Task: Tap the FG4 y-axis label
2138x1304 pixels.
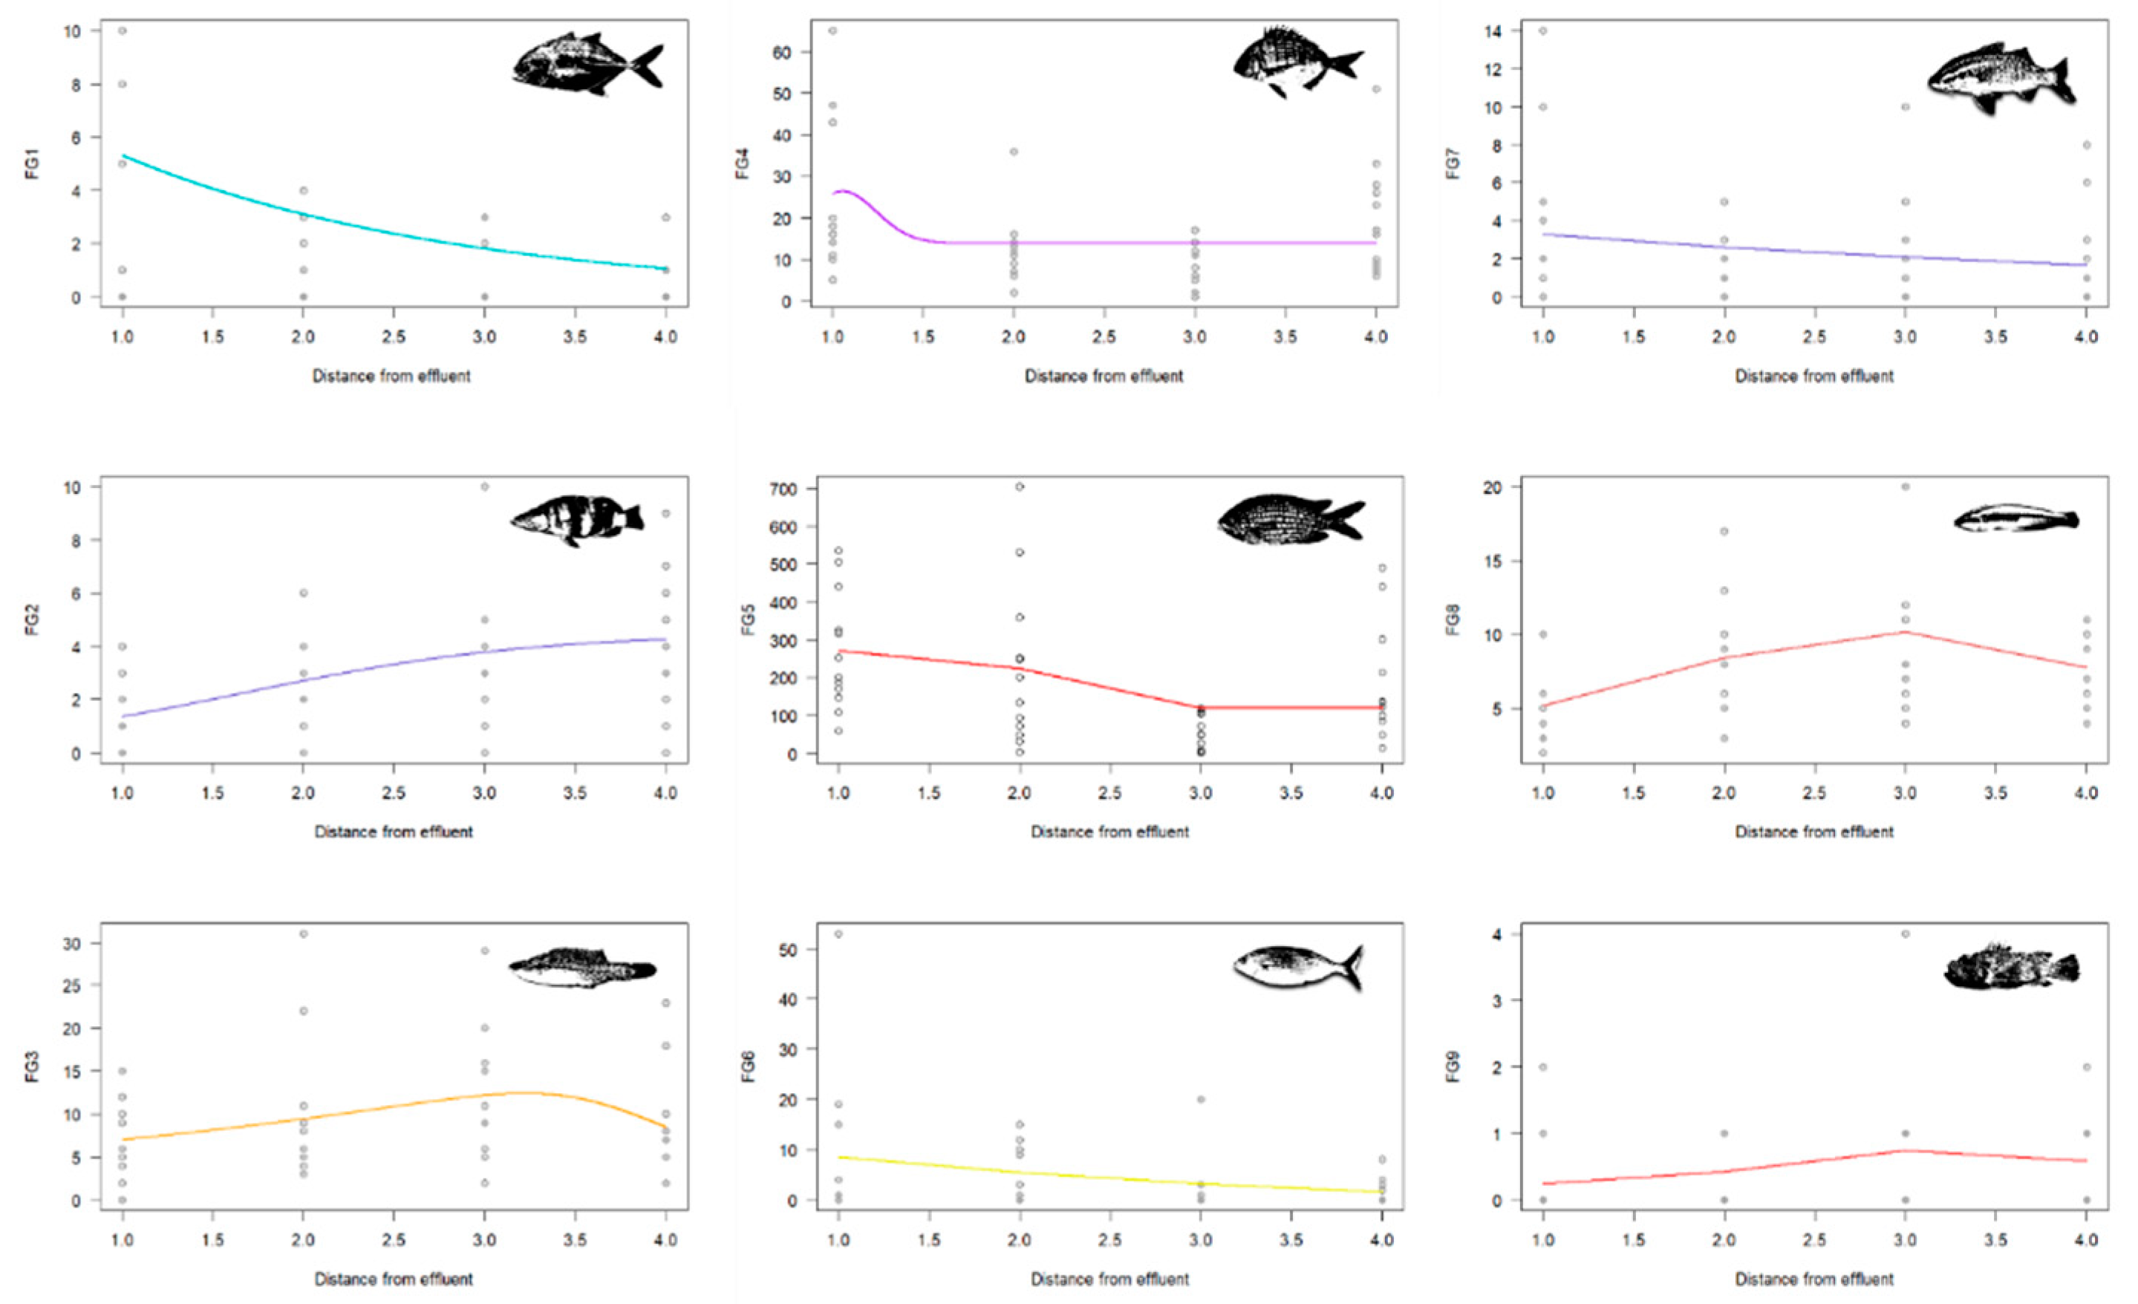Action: pos(743,163)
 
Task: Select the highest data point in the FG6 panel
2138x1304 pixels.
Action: pos(838,934)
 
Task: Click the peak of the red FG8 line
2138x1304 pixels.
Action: pos(1906,632)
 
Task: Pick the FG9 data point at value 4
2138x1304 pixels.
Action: pos(1906,934)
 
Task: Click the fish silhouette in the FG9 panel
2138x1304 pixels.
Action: pos(2011,968)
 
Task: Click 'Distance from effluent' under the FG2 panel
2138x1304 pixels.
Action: pos(393,831)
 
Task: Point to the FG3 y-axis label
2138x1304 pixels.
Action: pos(33,1066)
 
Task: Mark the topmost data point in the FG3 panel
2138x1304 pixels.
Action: pos(304,934)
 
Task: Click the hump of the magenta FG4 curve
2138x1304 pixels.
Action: pos(844,191)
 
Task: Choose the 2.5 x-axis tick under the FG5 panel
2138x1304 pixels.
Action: pos(1109,793)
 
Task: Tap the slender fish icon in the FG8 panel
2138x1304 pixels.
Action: pos(2015,519)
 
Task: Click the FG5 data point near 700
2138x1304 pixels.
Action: pos(1020,486)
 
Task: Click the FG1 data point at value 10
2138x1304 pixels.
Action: pos(123,31)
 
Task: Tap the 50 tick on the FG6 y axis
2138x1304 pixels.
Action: pos(788,949)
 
